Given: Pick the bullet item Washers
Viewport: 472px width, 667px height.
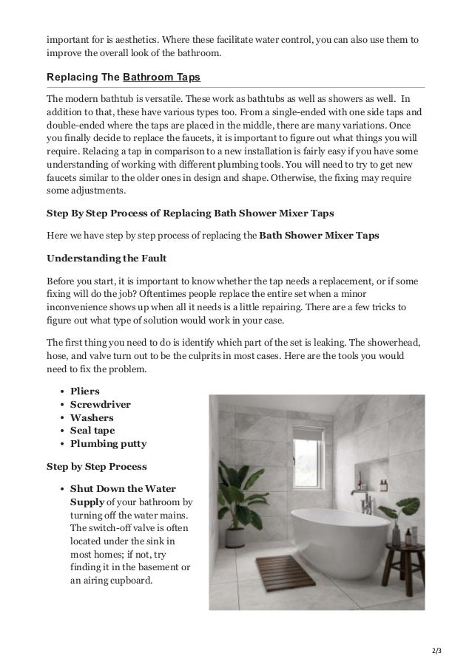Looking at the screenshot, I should tap(92, 417).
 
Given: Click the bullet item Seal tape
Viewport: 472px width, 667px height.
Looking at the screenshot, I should tap(92, 431).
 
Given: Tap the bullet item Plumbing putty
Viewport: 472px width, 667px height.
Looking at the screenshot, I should tap(108, 444).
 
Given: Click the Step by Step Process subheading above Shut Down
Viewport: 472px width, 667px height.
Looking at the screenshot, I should tap(96, 467).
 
